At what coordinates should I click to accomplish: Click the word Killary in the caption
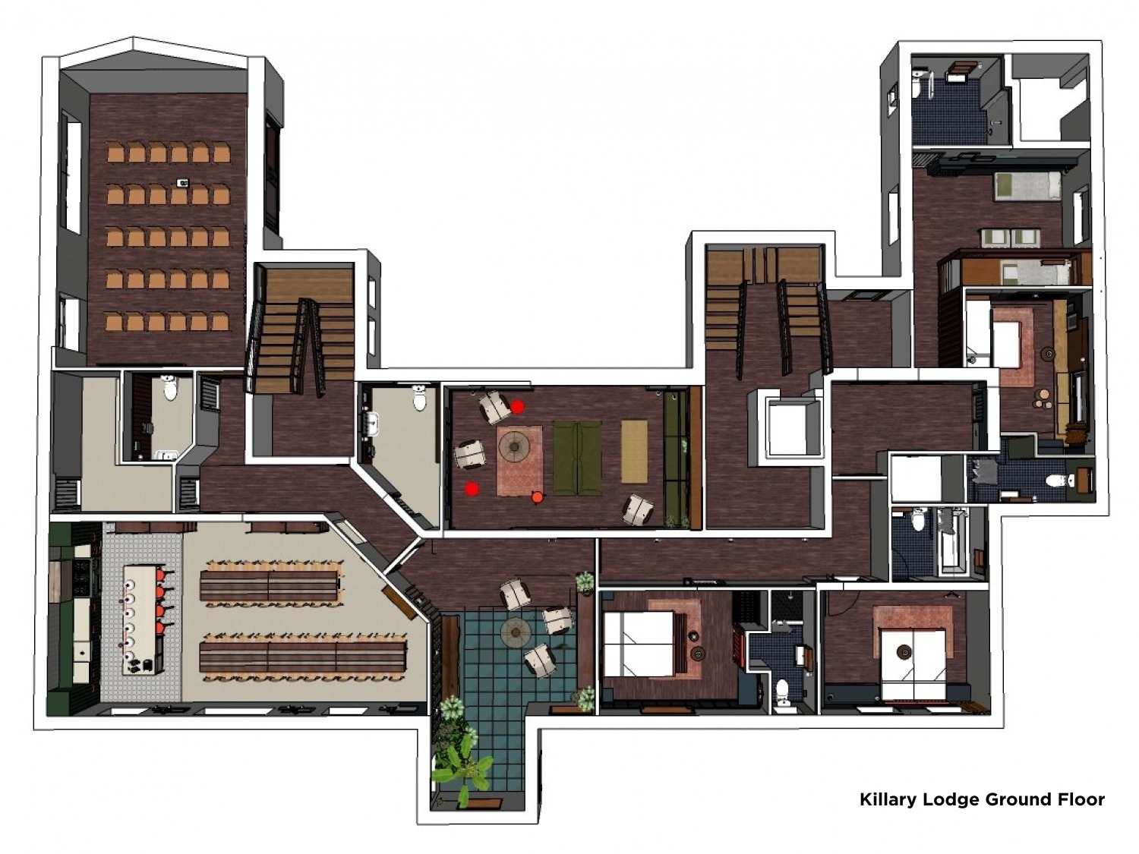click(888, 800)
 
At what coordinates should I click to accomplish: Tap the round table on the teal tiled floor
click(516, 631)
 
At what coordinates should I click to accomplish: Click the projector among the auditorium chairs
click(183, 182)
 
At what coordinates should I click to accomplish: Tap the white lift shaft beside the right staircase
click(788, 429)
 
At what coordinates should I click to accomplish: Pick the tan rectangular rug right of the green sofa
click(634, 451)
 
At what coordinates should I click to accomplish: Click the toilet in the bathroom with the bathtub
click(917, 520)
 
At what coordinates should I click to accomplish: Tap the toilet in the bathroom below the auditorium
click(170, 388)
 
